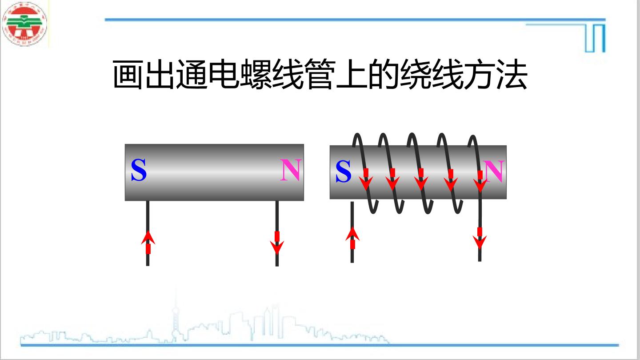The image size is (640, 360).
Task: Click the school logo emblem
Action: coord(24,24)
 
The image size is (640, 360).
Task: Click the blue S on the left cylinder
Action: coord(139,170)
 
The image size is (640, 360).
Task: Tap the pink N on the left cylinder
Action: coord(291,170)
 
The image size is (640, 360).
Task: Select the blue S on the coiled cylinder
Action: coord(343,171)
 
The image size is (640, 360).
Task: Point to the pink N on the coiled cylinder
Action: coord(494,171)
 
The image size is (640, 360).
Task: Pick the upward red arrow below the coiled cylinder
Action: coord(352,238)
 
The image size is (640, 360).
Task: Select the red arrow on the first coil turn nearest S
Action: coord(366,180)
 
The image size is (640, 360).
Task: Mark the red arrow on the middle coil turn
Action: coord(421,180)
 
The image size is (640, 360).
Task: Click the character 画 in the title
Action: coord(128,75)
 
